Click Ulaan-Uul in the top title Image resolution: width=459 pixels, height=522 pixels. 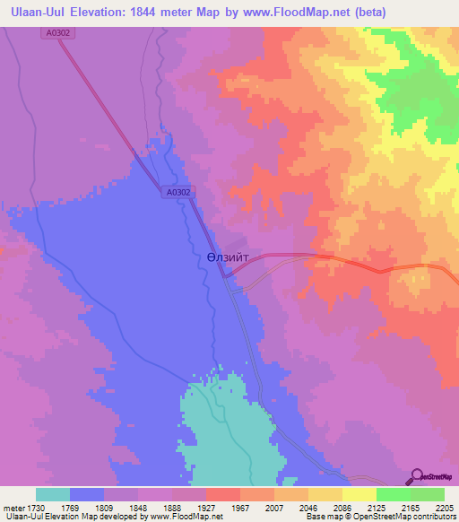(x=37, y=13)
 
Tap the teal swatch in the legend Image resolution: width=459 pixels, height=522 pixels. (x=53, y=494)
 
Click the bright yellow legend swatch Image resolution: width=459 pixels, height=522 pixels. (x=359, y=494)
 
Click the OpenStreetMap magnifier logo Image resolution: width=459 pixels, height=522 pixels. (x=417, y=475)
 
